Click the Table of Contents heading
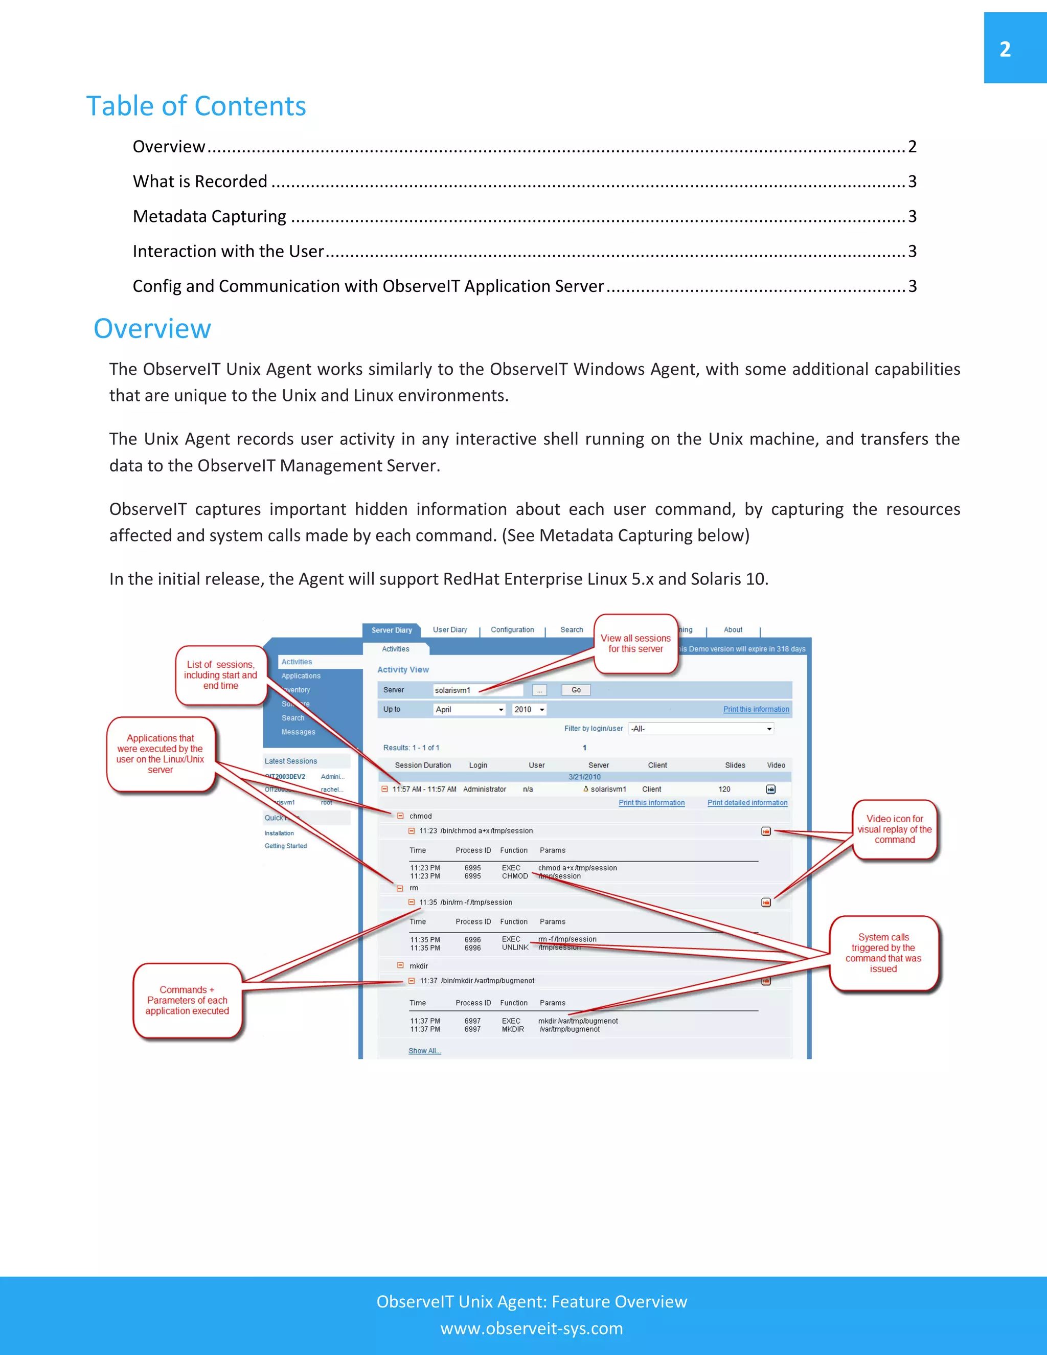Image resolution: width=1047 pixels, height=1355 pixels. [x=196, y=106]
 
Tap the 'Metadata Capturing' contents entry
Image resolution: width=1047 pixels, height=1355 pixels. [x=209, y=216]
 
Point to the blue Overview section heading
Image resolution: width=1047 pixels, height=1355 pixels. [x=152, y=329]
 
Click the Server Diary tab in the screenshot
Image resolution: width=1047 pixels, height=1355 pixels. [x=392, y=630]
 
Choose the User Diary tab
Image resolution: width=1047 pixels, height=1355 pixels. [x=450, y=630]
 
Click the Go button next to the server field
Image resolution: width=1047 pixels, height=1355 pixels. [x=576, y=690]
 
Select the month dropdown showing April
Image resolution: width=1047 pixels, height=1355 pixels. [x=469, y=709]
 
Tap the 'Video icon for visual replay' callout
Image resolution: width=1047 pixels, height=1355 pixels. [x=895, y=829]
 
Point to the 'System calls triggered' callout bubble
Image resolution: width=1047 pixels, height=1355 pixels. [x=883, y=953]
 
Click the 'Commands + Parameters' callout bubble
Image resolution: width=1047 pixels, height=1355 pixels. [x=187, y=1000]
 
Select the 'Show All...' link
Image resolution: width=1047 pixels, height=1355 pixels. [x=424, y=1050]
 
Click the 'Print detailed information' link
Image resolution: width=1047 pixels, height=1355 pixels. [x=747, y=803]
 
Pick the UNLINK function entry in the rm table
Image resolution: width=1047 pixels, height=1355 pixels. [x=515, y=947]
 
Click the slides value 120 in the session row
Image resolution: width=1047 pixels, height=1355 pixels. [x=724, y=789]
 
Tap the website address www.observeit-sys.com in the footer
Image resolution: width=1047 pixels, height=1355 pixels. [x=532, y=1328]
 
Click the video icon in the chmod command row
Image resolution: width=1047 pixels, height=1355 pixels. [x=766, y=831]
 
